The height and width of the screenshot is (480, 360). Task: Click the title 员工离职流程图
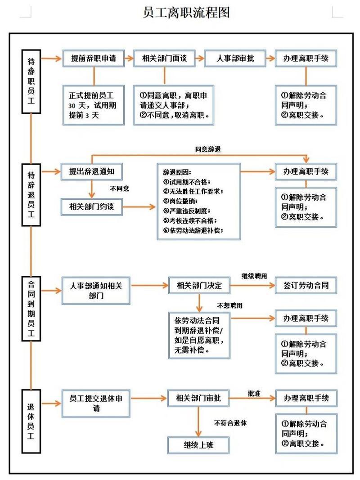[x=186, y=12]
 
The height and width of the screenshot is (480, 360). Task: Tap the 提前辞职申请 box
[x=93, y=58]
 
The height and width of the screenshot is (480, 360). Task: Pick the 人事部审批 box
[x=235, y=58]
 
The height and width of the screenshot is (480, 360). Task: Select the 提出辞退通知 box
[x=92, y=171]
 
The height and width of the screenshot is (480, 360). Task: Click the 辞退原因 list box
[x=198, y=201]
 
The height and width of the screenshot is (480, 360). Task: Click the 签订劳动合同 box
[x=306, y=285]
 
